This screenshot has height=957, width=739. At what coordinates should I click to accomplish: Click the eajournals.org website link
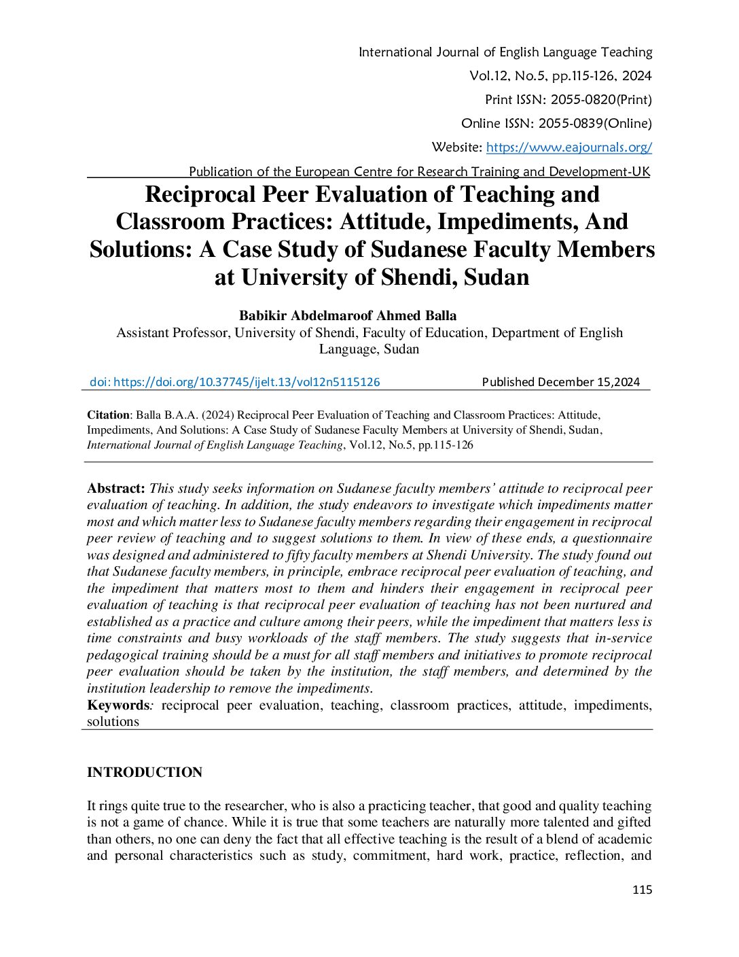[x=569, y=147]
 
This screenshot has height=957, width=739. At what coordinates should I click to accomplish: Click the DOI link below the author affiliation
[x=235, y=382]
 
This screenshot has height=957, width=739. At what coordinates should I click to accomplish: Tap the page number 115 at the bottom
[x=642, y=890]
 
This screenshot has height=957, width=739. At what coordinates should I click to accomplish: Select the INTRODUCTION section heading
[x=145, y=772]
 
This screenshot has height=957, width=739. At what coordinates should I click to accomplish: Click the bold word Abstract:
[x=116, y=488]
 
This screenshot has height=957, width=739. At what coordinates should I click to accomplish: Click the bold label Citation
[x=108, y=415]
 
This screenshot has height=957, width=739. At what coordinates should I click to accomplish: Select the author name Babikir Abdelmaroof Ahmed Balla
[x=348, y=315]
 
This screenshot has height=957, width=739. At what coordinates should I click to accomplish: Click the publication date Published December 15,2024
[x=561, y=382]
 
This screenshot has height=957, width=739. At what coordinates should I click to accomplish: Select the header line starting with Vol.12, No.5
[x=560, y=75]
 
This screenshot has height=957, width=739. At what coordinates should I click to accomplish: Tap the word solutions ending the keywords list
[x=113, y=722]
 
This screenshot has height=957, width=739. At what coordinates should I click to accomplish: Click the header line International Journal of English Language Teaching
[x=505, y=52]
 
